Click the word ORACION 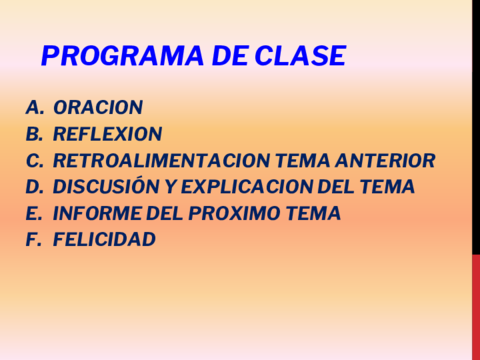point(98,107)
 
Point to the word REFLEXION point(107,134)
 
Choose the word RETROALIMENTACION point(152,160)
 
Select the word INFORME point(98,213)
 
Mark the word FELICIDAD point(104,240)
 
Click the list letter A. point(33,107)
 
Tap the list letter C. point(33,160)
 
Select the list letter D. point(33,187)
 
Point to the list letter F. point(32,240)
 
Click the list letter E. point(32,213)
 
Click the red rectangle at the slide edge point(475,306)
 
